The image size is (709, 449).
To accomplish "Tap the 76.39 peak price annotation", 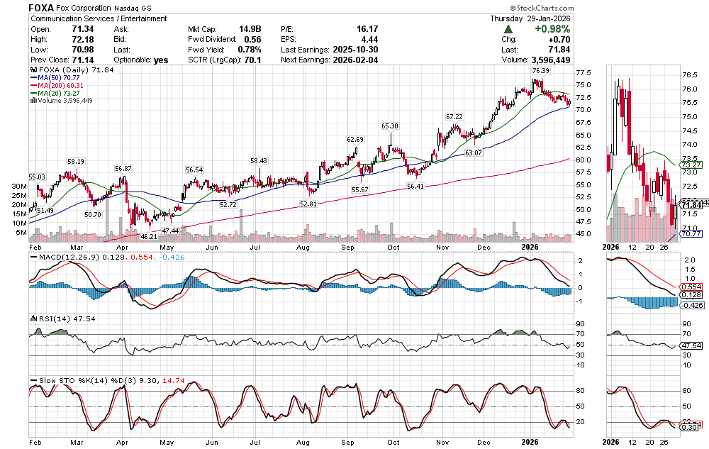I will point(540,71).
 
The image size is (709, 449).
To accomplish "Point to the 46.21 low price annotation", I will point(148,236).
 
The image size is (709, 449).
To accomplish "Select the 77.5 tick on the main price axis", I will point(584,73).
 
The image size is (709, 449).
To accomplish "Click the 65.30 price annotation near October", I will point(390,126).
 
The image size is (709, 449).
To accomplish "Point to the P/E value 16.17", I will point(357,29).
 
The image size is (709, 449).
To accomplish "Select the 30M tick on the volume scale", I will point(21,187).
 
